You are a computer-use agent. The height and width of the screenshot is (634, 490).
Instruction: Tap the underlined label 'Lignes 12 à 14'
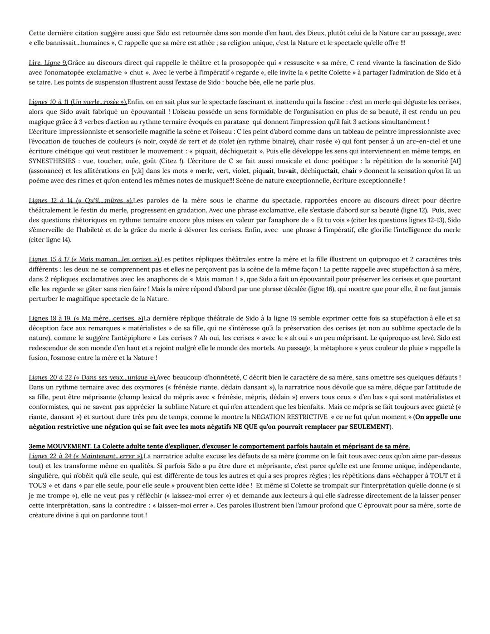coord(49,201)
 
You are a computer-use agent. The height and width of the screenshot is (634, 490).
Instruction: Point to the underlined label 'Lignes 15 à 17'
coord(49,260)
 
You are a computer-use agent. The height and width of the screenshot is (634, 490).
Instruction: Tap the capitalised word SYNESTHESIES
coord(51,161)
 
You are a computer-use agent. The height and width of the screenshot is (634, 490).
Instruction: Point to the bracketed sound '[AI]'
coord(454,161)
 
